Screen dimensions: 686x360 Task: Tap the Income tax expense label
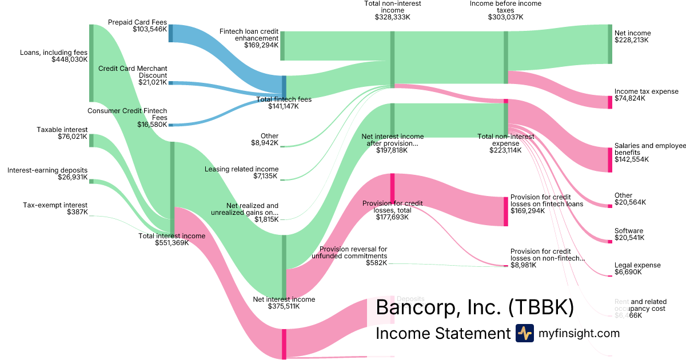(638, 91)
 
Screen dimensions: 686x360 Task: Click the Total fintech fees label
(284, 99)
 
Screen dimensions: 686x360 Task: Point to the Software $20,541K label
(629, 234)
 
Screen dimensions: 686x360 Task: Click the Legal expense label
(637, 265)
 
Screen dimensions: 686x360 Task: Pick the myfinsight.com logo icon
(524, 333)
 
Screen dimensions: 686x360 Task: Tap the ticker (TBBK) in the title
(540, 307)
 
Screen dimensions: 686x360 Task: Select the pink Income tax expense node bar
(610, 102)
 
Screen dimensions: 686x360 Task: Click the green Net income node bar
(610, 44)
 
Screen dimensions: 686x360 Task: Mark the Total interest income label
(171, 235)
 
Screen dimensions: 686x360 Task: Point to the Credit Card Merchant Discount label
(133, 72)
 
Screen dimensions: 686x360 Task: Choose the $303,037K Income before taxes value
(505, 17)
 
